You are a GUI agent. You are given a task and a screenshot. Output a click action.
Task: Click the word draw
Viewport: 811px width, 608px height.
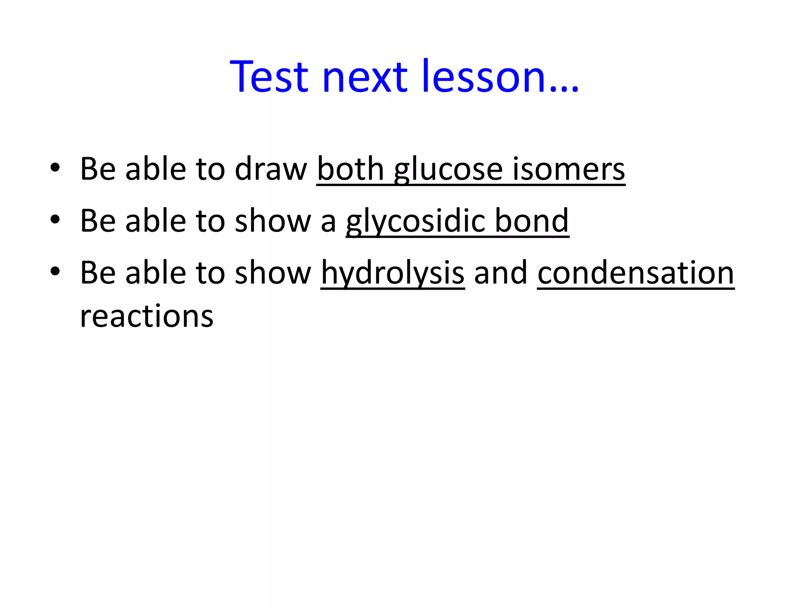pos(271,169)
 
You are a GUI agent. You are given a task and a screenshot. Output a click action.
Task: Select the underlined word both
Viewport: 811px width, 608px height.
pos(350,169)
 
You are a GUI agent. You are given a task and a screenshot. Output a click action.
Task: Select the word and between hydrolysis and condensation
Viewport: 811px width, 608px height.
pos(501,272)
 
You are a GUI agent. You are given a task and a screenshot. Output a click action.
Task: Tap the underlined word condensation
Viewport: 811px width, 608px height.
pos(636,272)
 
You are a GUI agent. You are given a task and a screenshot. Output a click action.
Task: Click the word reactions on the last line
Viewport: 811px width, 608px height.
pos(147,316)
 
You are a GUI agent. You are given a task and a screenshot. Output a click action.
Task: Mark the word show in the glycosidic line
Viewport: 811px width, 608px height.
pos(273,220)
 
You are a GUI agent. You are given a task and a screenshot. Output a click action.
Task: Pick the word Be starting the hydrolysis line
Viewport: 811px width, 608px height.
pos(97,272)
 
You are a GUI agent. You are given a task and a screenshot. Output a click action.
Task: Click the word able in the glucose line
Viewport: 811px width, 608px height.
pos(156,169)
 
